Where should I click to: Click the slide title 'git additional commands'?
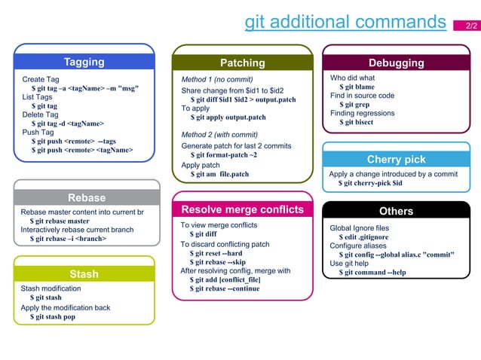[x=345, y=23]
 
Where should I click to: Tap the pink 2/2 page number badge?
[x=470, y=26]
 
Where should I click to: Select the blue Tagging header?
[x=84, y=62]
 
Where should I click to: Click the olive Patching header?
[x=242, y=63]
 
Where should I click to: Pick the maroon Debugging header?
[x=396, y=63]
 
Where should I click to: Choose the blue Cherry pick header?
[x=396, y=160]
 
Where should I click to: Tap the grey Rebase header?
[x=87, y=198]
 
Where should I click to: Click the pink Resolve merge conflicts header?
[x=242, y=209]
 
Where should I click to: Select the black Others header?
[x=396, y=211]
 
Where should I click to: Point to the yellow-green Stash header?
[x=84, y=274]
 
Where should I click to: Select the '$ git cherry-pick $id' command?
[x=370, y=183]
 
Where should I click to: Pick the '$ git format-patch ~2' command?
[x=223, y=155]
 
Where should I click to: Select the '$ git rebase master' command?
[x=60, y=221]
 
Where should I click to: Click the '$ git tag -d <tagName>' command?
[x=67, y=124]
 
